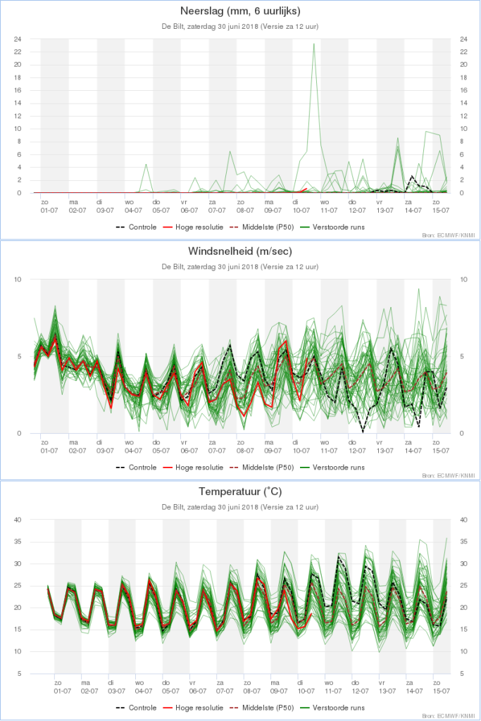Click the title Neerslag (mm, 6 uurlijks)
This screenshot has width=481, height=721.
(239, 12)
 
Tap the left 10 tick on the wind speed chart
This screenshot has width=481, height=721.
(18, 280)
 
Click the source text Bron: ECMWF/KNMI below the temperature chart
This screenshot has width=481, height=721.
(449, 716)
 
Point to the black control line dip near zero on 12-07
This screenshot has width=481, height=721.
(363, 431)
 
